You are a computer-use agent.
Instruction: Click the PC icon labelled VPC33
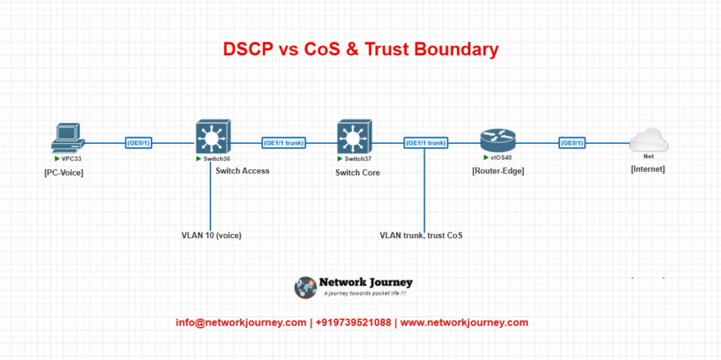click(68, 138)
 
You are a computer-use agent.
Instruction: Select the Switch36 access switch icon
click(213, 137)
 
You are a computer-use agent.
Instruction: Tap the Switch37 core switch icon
click(354, 137)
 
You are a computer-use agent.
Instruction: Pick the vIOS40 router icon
click(498, 141)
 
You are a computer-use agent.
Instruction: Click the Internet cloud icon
click(648, 140)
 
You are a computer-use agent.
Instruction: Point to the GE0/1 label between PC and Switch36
click(139, 143)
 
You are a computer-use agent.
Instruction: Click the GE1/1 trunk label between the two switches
click(284, 143)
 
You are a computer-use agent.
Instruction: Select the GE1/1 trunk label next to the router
click(426, 143)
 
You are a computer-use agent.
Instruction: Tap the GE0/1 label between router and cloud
click(572, 143)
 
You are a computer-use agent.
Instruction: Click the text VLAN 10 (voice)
click(211, 235)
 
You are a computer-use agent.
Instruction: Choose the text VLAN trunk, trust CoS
click(421, 235)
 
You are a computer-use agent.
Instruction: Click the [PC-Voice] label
click(64, 173)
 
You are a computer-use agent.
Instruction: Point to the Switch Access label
click(243, 170)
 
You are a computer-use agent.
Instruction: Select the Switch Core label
click(358, 173)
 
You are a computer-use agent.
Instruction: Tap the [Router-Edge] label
click(498, 171)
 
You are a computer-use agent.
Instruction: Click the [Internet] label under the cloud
click(648, 169)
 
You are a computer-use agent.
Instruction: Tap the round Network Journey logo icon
click(306, 287)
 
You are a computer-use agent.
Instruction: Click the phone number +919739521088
click(353, 323)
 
